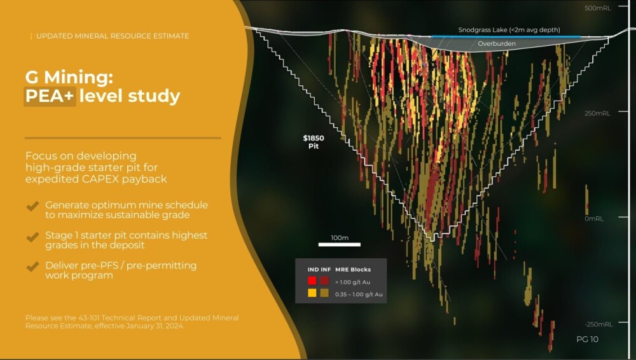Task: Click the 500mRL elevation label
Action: click(x=597, y=8)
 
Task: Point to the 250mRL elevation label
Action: click(x=597, y=113)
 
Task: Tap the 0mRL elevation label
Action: click(x=594, y=219)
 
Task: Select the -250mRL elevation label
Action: click(x=598, y=324)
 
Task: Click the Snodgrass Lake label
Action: click(x=509, y=30)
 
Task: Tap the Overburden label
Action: click(x=497, y=43)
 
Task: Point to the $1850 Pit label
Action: click(x=314, y=142)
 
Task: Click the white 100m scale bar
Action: click(x=340, y=244)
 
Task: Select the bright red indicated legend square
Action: click(x=312, y=280)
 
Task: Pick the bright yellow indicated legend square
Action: click(x=312, y=293)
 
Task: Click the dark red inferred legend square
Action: click(x=324, y=280)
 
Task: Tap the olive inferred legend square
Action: click(x=324, y=293)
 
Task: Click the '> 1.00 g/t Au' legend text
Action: click(x=352, y=282)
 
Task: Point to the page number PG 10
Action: click(x=587, y=339)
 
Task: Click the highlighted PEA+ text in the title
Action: click(x=50, y=96)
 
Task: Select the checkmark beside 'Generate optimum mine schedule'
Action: click(x=32, y=206)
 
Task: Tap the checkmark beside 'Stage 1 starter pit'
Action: click(x=32, y=237)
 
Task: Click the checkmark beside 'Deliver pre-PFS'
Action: click(x=32, y=267)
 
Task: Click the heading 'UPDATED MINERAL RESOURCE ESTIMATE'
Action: click(x=113, y=36)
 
